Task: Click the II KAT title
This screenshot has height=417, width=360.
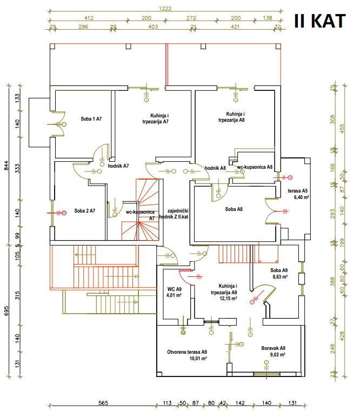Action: (319, 21)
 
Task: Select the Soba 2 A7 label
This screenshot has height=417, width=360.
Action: (85, 211)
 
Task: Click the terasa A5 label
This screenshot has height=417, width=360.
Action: (297, 191)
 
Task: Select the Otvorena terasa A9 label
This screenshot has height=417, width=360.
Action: (187, 352)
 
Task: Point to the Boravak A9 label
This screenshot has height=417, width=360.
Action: (273, 348)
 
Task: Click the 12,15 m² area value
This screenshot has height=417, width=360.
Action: (228, 298)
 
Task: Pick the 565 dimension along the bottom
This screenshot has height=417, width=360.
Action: (104, 403)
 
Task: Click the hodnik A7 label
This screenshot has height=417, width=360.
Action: (118, 166)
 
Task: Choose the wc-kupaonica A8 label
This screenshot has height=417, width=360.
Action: (255, 168)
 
